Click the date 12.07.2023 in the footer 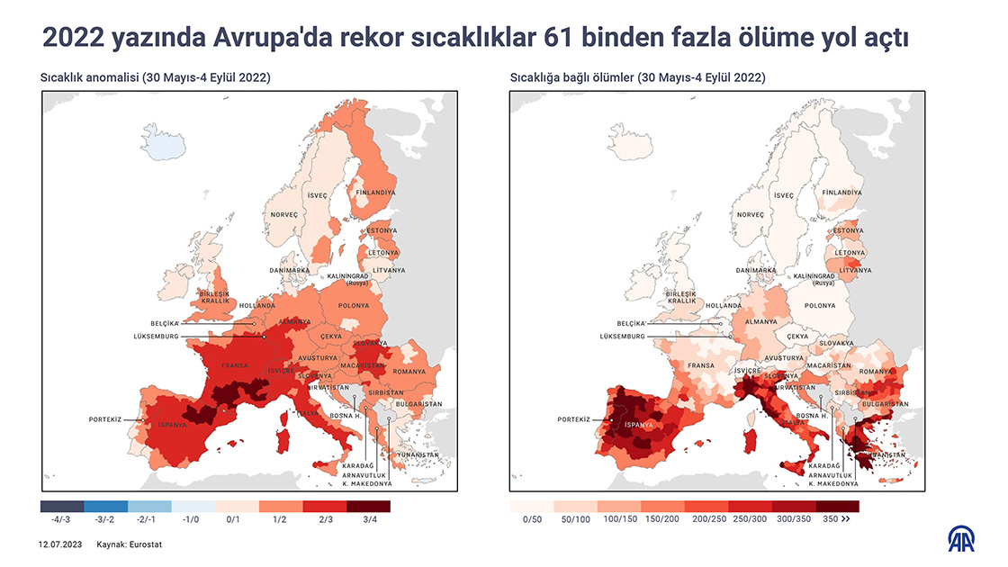click(x=60, y=544)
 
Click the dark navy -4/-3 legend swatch click(x=62, y=506)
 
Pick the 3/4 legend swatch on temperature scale click(x=369, y=506)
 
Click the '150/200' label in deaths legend click(x=662, y=519)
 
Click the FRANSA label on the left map click(x=235, y=365)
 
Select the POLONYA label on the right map click(x=820, y=305)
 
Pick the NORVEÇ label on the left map click(x=283, y=214)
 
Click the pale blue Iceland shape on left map click(x=170, y=143)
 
